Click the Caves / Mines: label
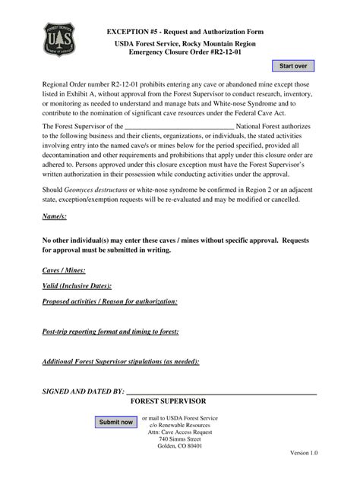[x=64, y=270]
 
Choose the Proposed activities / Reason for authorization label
[x=110, y=301]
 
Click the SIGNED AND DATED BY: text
[x=83, y=392]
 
